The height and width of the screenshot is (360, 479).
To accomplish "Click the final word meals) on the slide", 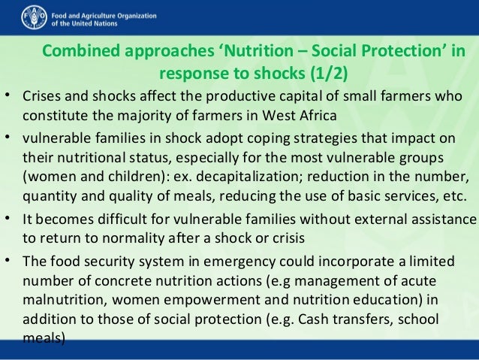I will pyautogui.click(x=44, y=337).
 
